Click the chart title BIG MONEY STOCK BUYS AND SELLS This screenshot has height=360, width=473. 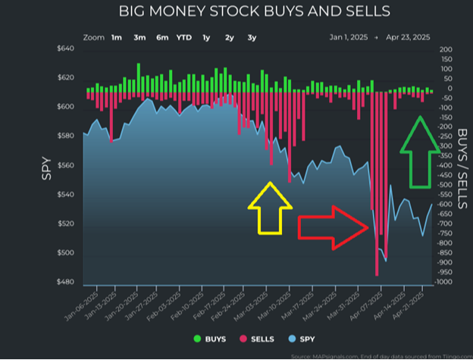coord(255,12)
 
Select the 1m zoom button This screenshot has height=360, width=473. coord(117,37)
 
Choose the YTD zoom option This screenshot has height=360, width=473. coord(184,37)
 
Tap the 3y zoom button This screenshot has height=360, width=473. coord(252,37)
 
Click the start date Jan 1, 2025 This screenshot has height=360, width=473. coord(346,37)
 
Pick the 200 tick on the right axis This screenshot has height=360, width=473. coord(445,49)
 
